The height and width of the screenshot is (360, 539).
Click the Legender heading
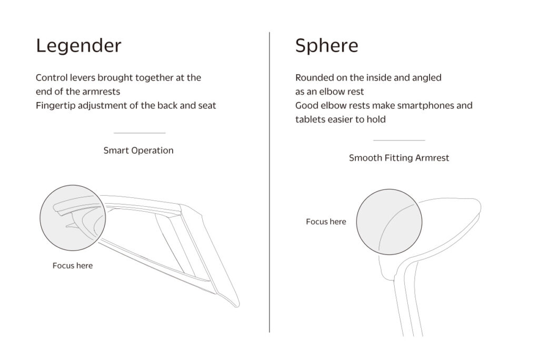[x=79, y=46]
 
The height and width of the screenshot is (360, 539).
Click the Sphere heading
[x=326, y=45]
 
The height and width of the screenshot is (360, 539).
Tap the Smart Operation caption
[x=138, y=151]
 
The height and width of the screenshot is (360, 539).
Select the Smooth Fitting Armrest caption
[x=399, y=158]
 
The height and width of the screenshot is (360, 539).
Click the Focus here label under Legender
[x=73, y=265]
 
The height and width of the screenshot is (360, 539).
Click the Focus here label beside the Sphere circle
[x=326, y=222]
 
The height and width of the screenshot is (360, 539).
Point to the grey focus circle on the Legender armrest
[x=73, y=218]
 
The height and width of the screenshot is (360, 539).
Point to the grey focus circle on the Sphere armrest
[x=389, y=222]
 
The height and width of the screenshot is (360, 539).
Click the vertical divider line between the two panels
[x=269, y=182]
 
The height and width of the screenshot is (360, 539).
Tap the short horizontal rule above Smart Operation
[x=139, y=133]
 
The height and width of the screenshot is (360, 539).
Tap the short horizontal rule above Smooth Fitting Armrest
[x=399, y=141]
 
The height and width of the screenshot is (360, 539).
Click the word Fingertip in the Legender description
[x=56, y=106]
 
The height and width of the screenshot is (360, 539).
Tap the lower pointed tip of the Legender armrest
[x=237, y=306]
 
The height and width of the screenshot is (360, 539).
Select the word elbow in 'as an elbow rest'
[x=331, y=92]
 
